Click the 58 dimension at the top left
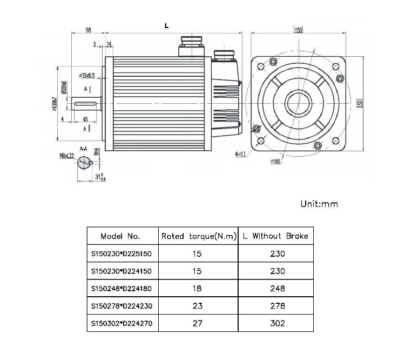(x=87, y=30)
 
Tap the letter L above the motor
(x=166, y=25)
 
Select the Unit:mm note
(x=319, y=204)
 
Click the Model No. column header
(x=120, y=236)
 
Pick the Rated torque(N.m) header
(x=198, y=236)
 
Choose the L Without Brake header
(x=275, y=236)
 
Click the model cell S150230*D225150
(x=120, y=254)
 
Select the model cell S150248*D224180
(x=120, y=288)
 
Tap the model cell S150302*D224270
(x=120, y=323)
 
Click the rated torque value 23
(x=198, y=306)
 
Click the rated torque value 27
(x=198, y=323)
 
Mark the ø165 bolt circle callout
(x=276, y=161)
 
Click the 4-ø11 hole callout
(x=240, y=154)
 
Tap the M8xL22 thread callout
(x=67, y=155)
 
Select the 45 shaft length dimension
(x=85, y=119)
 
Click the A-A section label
(x=84, y=148)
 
